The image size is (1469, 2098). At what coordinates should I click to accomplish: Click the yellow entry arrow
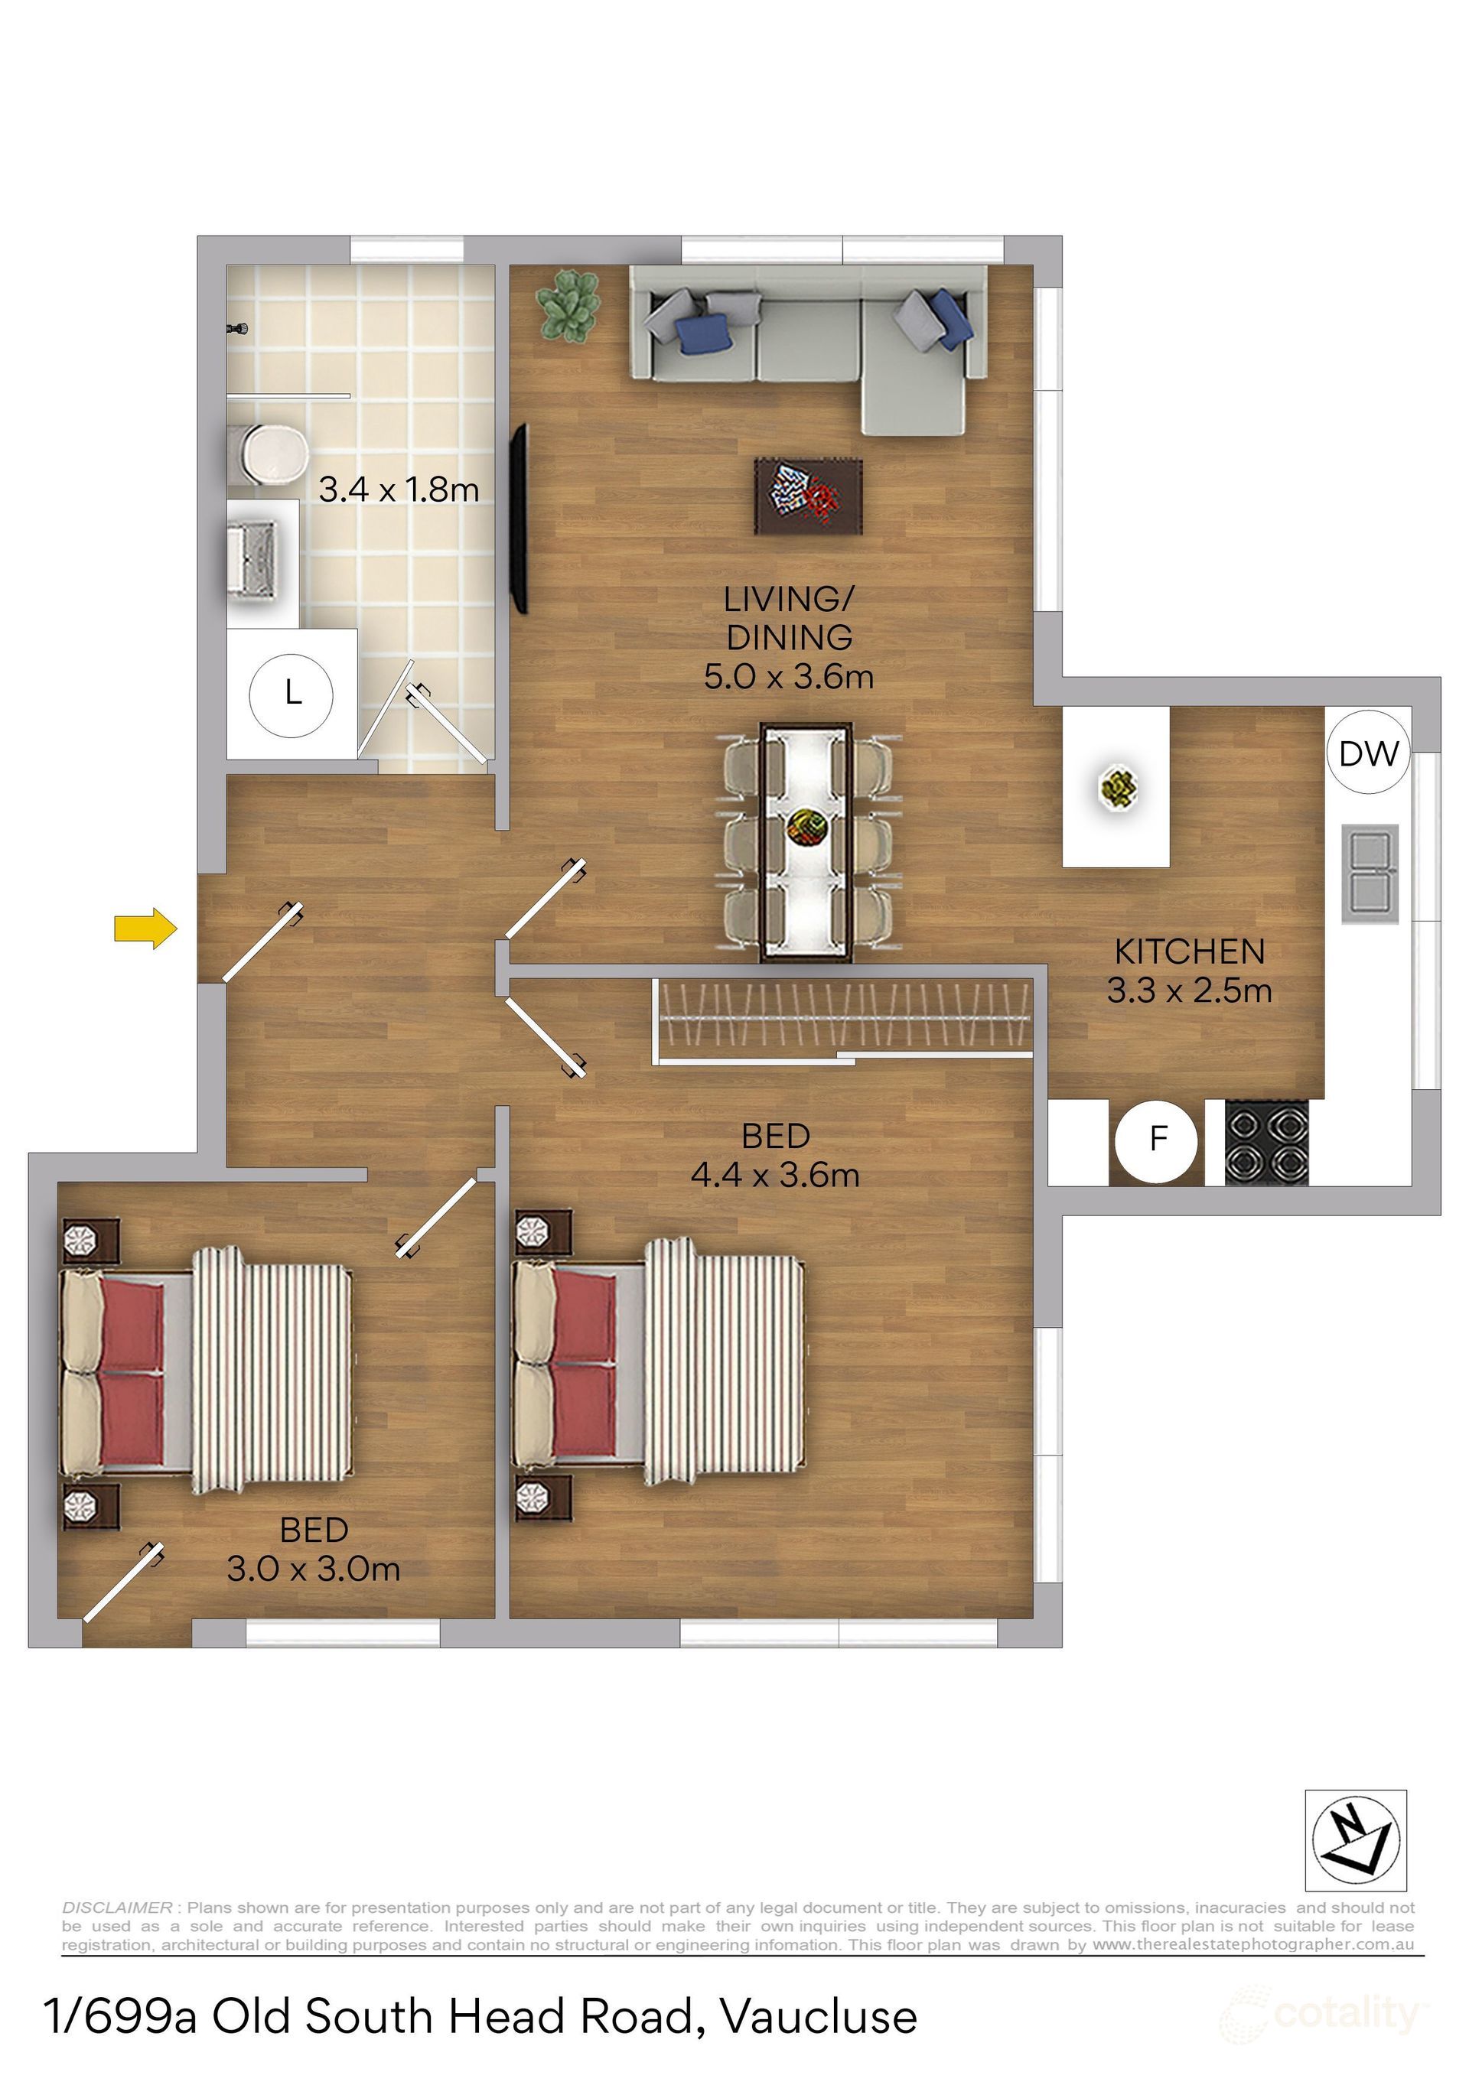click(x=145, y=929)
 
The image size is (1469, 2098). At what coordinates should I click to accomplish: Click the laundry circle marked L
click(x=292, y=694)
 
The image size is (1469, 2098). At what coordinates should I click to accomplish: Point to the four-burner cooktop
click(x=1267, y=1143)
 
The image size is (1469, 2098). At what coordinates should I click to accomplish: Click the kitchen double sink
click(x=1370, y=873)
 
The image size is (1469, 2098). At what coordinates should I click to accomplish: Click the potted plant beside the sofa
click(x=568, y=306)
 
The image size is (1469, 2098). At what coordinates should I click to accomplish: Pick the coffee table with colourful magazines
click(x=808, y=496)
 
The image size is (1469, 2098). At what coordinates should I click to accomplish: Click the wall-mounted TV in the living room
click(x=520, y=518)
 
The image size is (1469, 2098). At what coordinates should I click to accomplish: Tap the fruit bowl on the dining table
click(x=807, y=828)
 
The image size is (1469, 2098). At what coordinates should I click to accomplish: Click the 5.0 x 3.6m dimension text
click(x=789, y=677)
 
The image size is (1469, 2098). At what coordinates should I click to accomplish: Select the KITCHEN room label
click(x=1189, y=952)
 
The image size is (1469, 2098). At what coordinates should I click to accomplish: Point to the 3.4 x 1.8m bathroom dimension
click(x=399, y=490)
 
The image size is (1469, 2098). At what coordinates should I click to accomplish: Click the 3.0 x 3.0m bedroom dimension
click(x=314, y=1569)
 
